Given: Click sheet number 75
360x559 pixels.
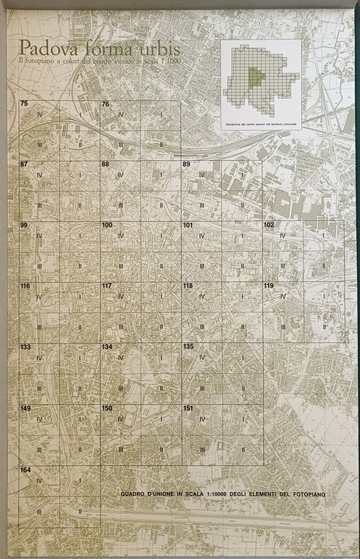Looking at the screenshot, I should [24, 105].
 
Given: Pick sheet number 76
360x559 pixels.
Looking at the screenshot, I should [105, 105].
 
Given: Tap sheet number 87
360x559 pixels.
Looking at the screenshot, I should [24, 164].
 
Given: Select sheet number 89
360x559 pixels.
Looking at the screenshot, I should [187, 164].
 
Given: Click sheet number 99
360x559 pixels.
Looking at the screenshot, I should [24, 226].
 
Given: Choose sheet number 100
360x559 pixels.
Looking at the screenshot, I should [107, 226].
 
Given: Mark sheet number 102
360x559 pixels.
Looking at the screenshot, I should [269, 226].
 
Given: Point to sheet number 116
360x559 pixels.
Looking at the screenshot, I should [25, 286].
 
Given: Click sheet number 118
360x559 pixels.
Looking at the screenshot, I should [188, 286].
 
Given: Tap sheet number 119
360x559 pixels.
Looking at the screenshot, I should [269, 286].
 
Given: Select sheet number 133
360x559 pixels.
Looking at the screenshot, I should [25, 347].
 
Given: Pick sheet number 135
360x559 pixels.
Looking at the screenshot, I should [188, 347].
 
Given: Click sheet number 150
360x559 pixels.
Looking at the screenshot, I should [107, 408].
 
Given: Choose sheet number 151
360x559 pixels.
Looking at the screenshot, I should [188, 408].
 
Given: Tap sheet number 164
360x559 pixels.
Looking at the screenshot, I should [25, 469].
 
